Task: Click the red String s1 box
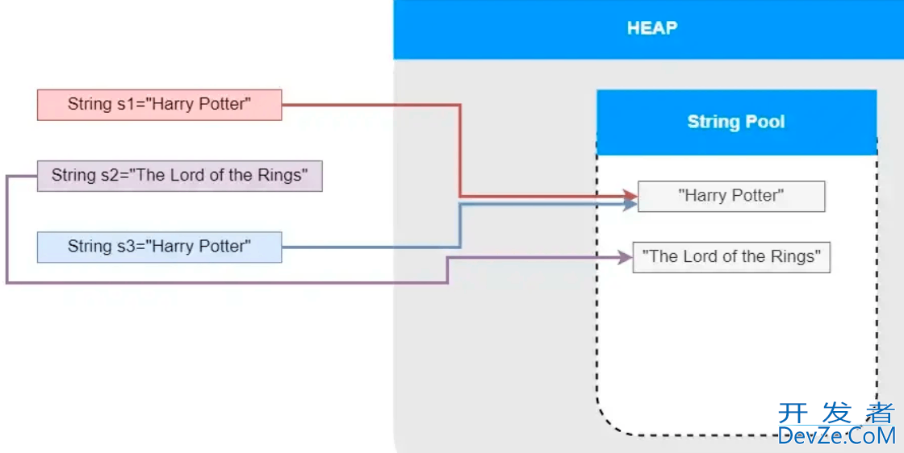pyautogui.click(x=159, y=105)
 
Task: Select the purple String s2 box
pyautogui.click(x=179, y=176)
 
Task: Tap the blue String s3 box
pyautogui.click(x=159, y=247)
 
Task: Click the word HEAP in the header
pyautogui.click(x=651, y=28)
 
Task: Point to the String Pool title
pyautogui.click(x=735, y=123)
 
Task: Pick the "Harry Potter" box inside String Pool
pyautogui.click(x=731, y=196)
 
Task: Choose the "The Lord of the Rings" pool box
pyautogui.click(x=731, y=257)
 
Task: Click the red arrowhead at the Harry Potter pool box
pyautogui.click(x=630, y=196)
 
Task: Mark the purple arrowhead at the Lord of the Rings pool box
pyautogui.click(x=625, y=257)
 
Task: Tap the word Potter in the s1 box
pyautogui.click(x=224, y=105)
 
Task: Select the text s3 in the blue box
pyautogui.click(x=126, y=247)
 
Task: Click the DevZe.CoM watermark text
pyautogui.click(x=836, y=436)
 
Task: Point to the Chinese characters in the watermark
pyautogui.click(x=836, y=414)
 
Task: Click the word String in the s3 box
pyautogui.click(x=90, y=247)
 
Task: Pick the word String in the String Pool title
pyautogui.click(x=714, y=123)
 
